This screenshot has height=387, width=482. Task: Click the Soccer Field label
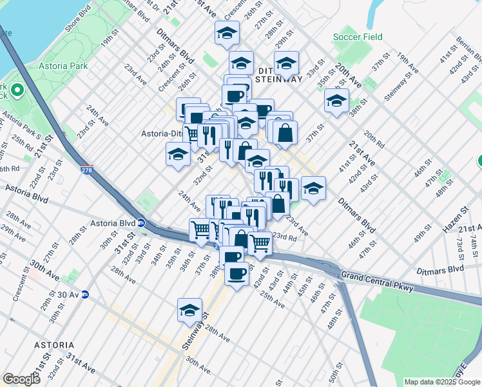point(358,37)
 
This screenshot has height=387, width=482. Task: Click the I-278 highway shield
point(87,170)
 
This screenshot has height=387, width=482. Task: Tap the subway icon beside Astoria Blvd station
point(141,223)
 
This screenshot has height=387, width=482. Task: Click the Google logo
point(21,379)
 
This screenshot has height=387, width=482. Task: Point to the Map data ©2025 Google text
point(442,382)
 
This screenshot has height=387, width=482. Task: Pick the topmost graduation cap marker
point(227,34)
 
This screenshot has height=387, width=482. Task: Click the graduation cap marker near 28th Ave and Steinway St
point(190,310)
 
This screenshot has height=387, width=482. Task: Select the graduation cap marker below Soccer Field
point(336,101)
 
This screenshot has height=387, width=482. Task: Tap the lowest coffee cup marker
point(236,273)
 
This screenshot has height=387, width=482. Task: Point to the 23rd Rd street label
point(285,237)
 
